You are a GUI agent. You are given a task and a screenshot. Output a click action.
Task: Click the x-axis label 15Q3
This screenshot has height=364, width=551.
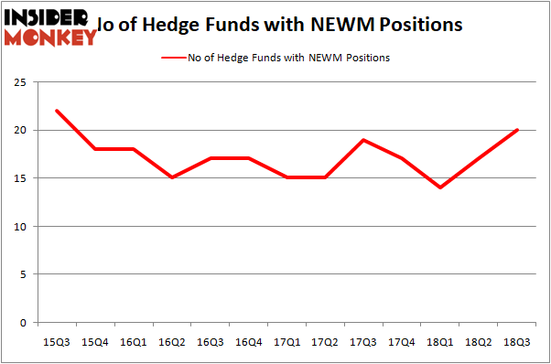(57, 342)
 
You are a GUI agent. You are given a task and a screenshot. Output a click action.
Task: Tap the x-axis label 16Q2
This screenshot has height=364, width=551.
(171, 342)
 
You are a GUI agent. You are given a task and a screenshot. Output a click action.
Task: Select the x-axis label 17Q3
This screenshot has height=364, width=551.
(363, 342)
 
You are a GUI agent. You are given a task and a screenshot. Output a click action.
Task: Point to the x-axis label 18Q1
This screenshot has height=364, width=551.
(440, 342)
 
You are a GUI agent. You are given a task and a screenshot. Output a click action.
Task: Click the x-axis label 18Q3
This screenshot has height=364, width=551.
(517, 342)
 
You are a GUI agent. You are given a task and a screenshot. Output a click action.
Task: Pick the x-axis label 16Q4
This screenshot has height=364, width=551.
(248, 342)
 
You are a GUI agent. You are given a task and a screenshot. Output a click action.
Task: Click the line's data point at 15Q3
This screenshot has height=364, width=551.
(57, 111)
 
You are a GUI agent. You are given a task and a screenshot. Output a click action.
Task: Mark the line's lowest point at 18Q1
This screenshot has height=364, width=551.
(440, 187)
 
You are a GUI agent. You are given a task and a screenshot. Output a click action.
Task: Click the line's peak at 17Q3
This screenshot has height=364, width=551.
(363, 140)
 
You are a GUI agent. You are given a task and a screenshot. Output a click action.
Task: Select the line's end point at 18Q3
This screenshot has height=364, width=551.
(517, 130)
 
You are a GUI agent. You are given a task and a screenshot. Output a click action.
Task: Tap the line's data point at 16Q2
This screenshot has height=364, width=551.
(171, 177)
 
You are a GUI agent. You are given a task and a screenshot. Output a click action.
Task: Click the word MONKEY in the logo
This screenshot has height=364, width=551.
(50, 37)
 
